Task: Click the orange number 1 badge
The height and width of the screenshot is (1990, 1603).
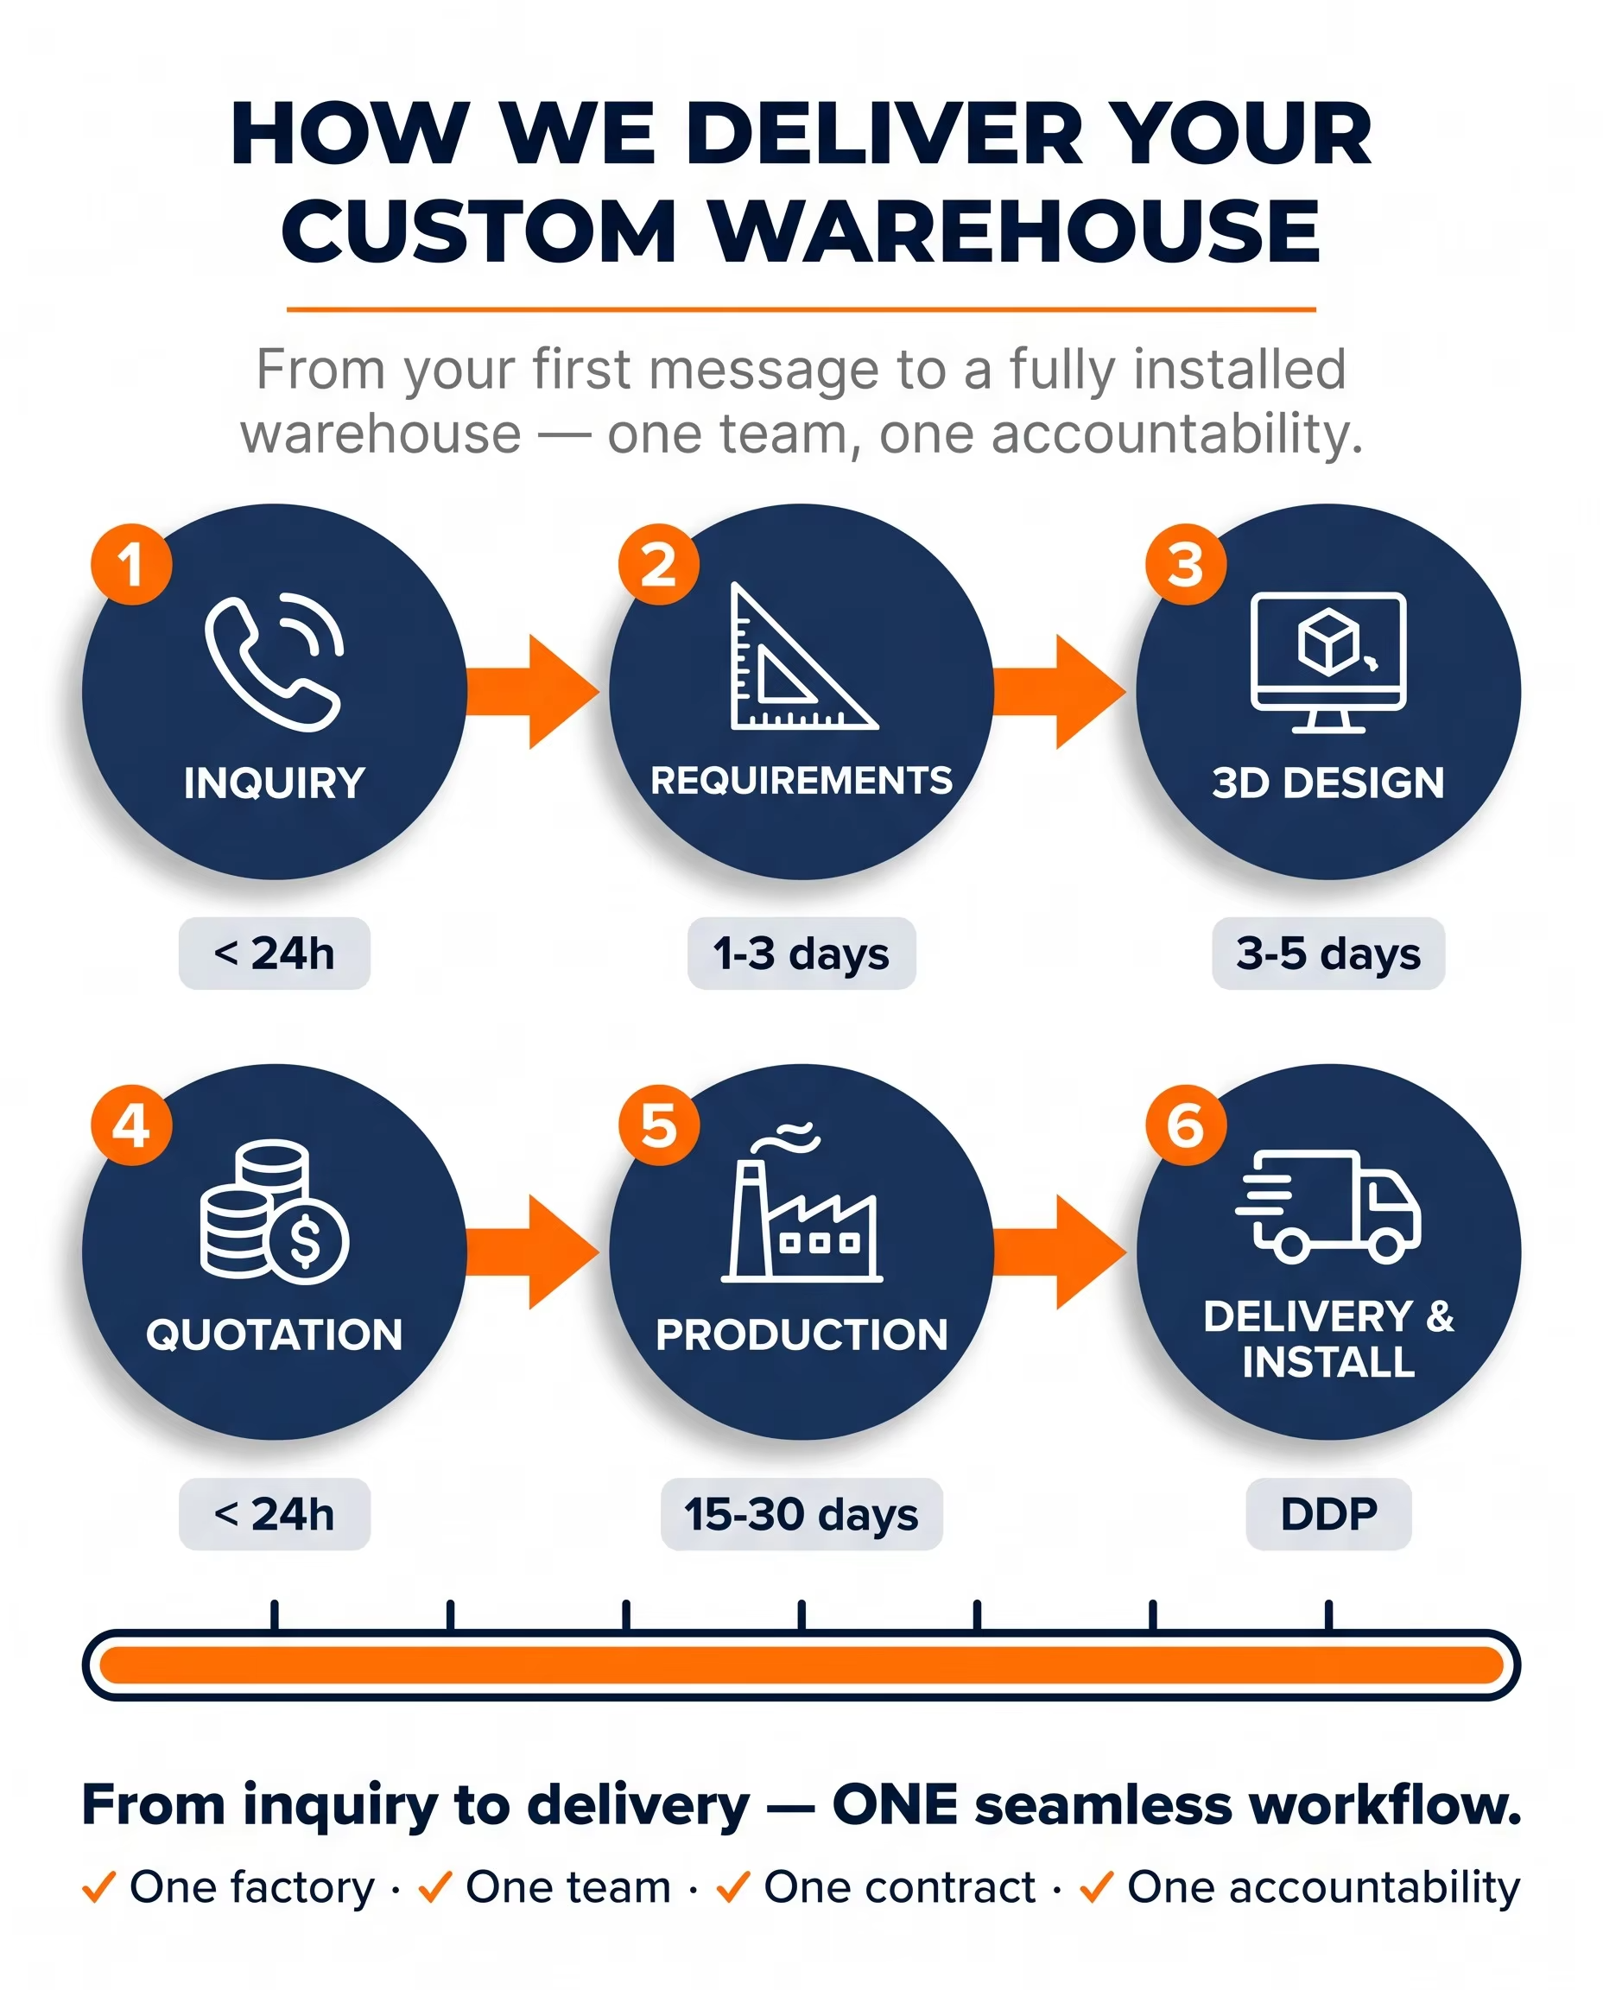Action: point(131,564)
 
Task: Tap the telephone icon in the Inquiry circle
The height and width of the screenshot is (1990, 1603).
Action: point(273,663)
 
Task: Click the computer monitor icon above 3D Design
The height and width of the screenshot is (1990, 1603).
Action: point(1327,662)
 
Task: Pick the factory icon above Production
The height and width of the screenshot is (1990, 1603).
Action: point(801,1202)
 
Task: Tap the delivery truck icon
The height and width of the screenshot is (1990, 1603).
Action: point(1327,1206)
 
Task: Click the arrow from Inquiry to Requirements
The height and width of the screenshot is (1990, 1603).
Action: point(533,692)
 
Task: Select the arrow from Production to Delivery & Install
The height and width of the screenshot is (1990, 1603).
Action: point(1060,1252)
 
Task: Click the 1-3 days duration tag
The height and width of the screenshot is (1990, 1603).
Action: point(801,953)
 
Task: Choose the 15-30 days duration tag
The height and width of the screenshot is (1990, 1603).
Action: point(801,1514)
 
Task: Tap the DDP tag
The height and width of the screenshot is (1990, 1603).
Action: point(1328,1514)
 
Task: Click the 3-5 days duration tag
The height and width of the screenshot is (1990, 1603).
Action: point(1328,953)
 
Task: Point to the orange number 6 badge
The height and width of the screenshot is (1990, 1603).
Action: point(1186,1125)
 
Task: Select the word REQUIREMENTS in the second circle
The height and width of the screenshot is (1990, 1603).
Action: point(801,781)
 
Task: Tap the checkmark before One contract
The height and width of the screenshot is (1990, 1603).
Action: point(733,1886)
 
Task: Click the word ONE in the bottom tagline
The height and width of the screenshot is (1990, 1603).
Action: point(895,1805)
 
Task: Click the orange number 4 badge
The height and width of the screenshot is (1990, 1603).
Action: point(131,1125)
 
